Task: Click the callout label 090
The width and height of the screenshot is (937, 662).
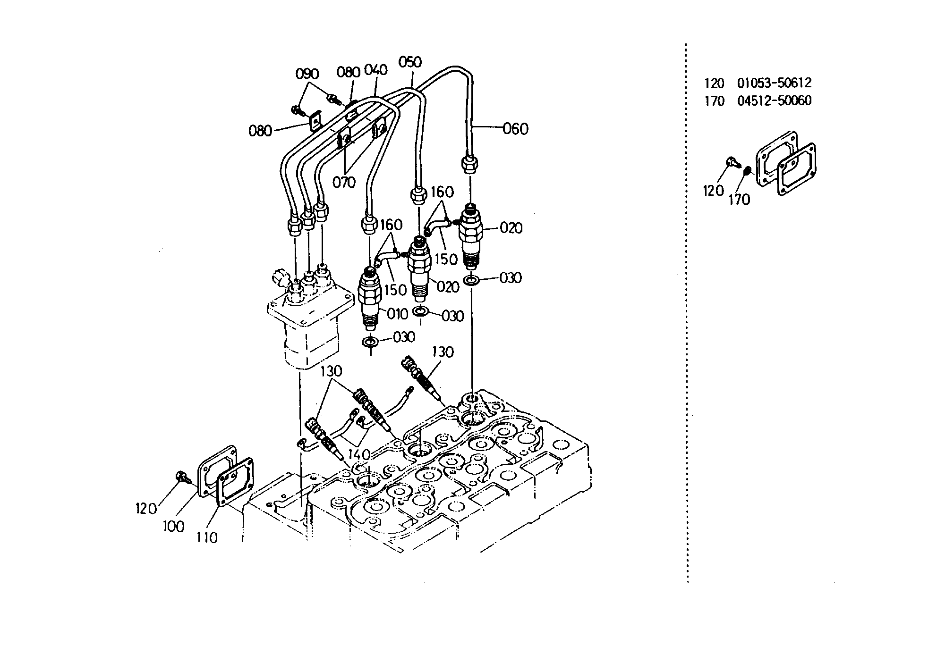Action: coord(307,74)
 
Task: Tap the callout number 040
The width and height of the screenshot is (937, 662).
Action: coord(376,70)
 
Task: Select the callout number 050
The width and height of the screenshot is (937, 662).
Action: coord(410,62)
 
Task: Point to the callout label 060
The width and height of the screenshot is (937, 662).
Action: coord(515,128)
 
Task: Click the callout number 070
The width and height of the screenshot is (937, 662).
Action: coord(344,182)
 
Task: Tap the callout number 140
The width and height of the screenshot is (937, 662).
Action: coord(359,454)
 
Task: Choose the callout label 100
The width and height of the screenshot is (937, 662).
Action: coord(173,526)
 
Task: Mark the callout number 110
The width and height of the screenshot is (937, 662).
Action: coord(206,537)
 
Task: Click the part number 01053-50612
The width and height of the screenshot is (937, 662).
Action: coord(774,83)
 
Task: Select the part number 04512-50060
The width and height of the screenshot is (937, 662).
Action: coord(774,101)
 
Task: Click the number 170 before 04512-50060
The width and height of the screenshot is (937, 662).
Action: coord(714,101)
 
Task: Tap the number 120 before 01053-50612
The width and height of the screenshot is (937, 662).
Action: coord(714,84)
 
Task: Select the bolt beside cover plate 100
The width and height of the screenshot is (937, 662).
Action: coord(182,477)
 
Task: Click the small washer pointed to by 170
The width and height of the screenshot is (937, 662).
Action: coord(747,170)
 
